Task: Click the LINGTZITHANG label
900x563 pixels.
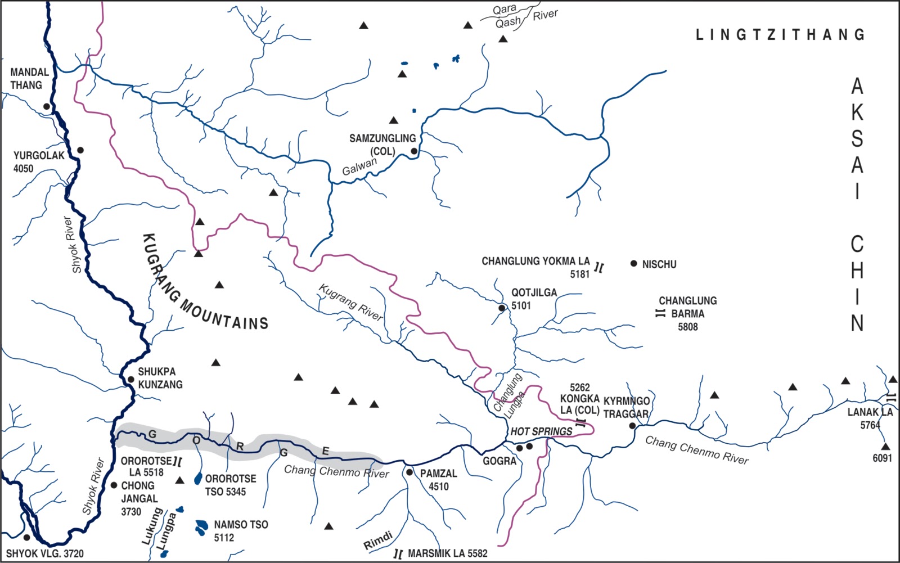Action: (780, 34)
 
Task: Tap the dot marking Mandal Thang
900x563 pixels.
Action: (47, 106)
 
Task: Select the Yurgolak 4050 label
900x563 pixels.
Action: (39, 161)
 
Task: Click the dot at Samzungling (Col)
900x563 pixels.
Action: (414, 151)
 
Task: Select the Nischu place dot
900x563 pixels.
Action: (634, 263)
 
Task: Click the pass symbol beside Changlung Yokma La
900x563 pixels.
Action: (599, 267)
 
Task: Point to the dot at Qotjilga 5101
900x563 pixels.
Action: (502, 308)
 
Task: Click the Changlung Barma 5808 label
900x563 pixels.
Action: (687, 313)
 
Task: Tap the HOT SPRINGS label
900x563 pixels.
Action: (541, 431)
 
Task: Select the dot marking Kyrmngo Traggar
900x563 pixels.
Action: (632, 426)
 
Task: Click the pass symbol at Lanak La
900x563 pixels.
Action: (891, 398)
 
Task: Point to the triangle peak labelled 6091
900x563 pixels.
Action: (886, 446)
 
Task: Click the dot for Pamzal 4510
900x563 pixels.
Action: (409, 472)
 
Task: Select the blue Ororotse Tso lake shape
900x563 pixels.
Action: (198, 479)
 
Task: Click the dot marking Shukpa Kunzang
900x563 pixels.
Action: (130, 379)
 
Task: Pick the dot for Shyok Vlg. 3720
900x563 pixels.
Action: (26, 537)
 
